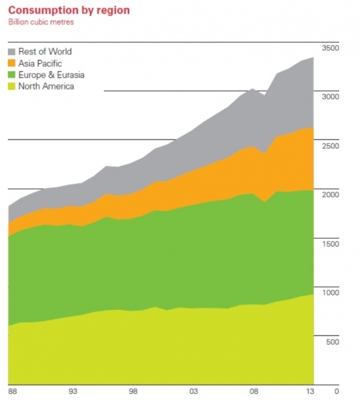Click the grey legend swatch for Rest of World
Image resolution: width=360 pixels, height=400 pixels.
pos(12,52)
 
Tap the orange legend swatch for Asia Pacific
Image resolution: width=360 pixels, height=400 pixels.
pos(12,63)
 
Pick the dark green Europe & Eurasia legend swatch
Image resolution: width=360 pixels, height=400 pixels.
pos(12,75)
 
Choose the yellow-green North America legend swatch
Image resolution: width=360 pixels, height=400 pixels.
pos(12,86)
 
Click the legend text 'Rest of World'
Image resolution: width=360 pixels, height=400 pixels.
pos(45,52)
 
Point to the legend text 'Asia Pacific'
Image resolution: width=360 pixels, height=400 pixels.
pos(41,63)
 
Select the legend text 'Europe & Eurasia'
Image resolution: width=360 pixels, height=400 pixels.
pos(51,75)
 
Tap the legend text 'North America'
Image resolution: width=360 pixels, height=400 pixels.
pos(46,86)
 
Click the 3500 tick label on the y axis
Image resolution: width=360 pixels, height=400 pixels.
pos(331,49)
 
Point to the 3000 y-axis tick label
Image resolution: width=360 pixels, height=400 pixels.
pos(331,97)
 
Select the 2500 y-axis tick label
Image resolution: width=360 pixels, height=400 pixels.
pos(331,145)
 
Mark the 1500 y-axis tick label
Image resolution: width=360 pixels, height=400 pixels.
pos(331,244)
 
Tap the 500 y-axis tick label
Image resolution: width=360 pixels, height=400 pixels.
pos(333,342)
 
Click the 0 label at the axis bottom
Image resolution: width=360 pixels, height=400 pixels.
pos(337,391)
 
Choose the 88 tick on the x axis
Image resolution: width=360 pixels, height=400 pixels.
pos(12,391)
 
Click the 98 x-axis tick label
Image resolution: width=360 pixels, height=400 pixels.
pos(133,391)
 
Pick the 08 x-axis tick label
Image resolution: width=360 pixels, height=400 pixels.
pos(253,391)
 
